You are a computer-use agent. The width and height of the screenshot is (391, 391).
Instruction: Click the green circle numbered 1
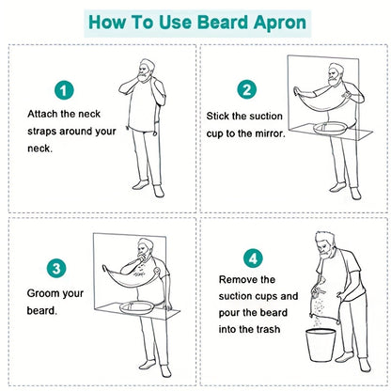click(63, 91)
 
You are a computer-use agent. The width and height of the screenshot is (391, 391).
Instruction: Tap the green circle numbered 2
click(246, 90)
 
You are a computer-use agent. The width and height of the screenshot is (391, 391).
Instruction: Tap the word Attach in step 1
click(44, 114)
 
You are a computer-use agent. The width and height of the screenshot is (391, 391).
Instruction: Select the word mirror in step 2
click(279, 133)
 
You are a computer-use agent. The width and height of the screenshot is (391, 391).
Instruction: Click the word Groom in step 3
click(43, 292)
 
